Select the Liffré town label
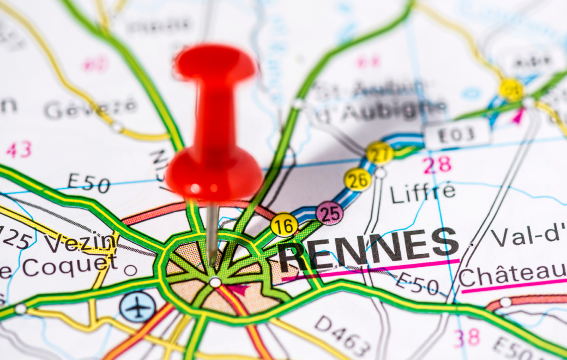click(423, 192)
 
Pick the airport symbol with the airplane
click(137, 307)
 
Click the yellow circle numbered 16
click(284, 225)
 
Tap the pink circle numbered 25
click(329, 213)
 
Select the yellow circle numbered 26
click(357, 179)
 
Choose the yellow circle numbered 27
click(379, 153)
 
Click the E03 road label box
click(457, 134)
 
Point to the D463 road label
click(343, 335)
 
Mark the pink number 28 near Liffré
click(437, 165)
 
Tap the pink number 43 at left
click(19, 148)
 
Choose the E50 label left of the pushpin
click(88, 183)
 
